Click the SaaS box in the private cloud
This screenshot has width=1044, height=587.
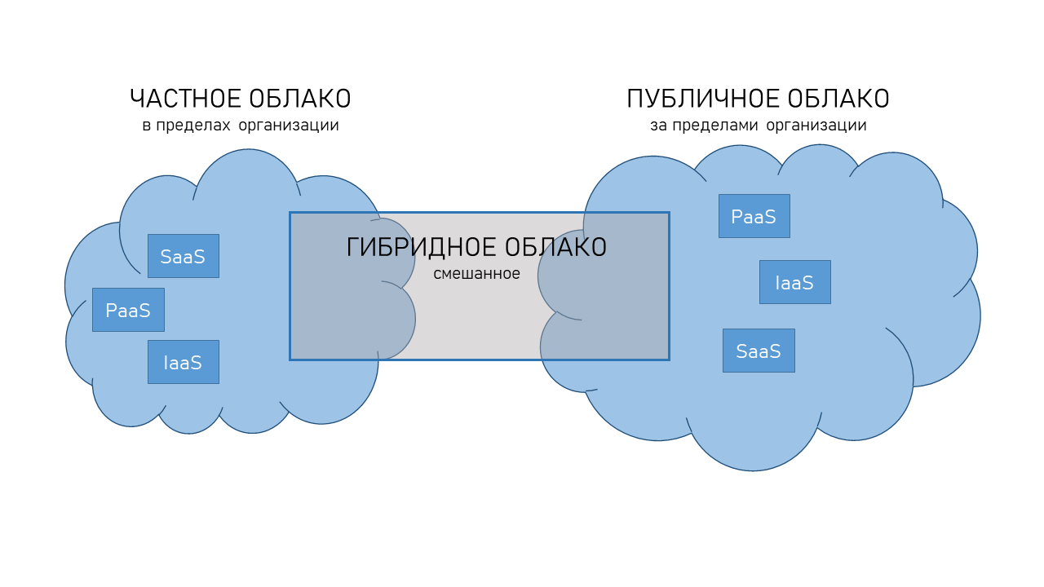(x=183, y=256)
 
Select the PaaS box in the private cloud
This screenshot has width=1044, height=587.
(x=128, y=310)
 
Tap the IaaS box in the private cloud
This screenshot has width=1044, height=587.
(x=183, y=362)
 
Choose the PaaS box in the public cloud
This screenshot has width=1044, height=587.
(x=754, y=216)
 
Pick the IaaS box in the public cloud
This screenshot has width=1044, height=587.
(x=794, y=282)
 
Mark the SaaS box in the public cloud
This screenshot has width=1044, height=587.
(x=759, y=351)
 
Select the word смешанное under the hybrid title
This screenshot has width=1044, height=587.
(x=476, y=274)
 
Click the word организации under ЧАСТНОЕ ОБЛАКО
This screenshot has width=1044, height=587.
(x=289, y=126)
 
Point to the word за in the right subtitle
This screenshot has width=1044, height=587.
(x=657, y=126)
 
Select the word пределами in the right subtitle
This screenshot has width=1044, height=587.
(x=714, y=126)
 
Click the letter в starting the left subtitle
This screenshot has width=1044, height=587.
(x=146, y=126)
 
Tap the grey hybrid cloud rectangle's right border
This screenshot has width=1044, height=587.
(x=669, y=285)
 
